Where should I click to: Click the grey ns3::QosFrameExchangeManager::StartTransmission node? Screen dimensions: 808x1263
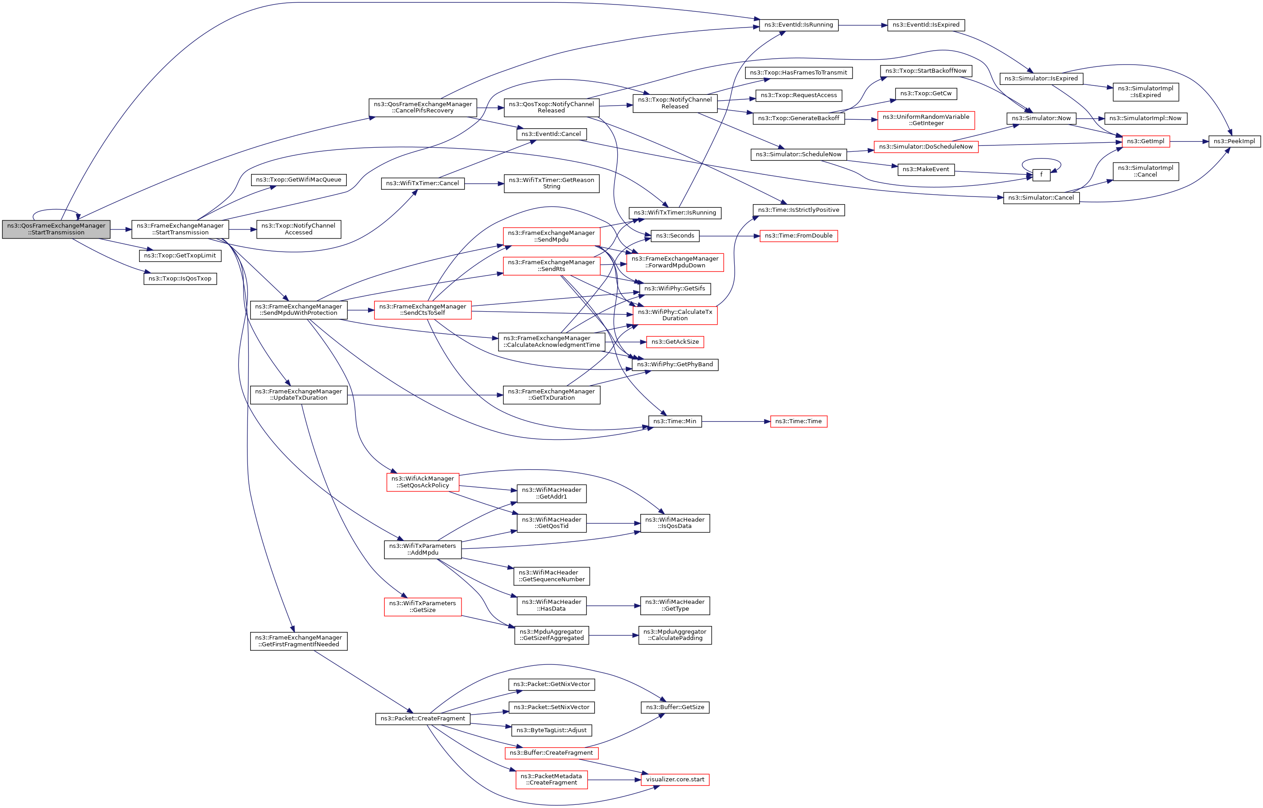[x=56, y=229]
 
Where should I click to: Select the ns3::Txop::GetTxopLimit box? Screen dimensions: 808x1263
[x=180, y=256]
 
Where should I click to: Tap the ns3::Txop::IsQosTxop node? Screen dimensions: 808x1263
[x=180, y=279]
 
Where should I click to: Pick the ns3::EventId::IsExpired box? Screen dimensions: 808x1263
[x=926, y=25]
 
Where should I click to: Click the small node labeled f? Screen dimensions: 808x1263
[x=1041, y=175]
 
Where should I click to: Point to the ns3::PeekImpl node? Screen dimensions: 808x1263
[x=1234, y=141]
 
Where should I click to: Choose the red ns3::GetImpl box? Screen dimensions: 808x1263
[x=1146, y=141]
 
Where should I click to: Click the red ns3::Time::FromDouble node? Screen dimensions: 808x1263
[x=798, y=236]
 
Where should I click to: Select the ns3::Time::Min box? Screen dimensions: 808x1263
[x=675, y=421]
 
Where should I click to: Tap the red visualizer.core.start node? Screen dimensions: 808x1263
[x=675, y=780]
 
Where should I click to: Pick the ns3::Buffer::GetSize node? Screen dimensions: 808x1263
[x=675, y=707]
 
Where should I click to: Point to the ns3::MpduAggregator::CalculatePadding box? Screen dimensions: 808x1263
[x=675, y=635]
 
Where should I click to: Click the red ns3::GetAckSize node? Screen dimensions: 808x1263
[x=675, y=342]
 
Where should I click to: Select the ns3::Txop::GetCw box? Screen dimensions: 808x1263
[x=926, y=93]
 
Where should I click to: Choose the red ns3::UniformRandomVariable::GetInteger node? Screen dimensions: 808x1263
[x=926, y=120]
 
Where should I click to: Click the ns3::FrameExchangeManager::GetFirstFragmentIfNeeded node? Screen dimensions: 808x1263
[x=298, y=641]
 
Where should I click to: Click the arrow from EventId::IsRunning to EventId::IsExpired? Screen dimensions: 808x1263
[x=863, y=25]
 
